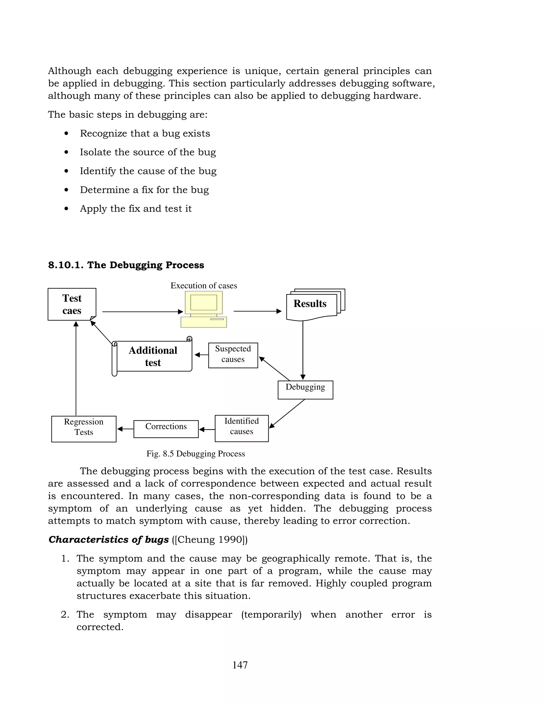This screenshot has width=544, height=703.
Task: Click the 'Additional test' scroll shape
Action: pos(153,356)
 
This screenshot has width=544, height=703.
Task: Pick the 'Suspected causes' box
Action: pos(233,355)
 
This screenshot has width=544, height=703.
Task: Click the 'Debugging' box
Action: pos(305,390)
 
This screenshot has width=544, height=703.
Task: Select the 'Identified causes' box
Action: pos(241,428)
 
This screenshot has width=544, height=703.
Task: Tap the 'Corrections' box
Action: pos(166,429)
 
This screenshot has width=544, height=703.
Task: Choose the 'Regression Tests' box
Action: pos(84,429)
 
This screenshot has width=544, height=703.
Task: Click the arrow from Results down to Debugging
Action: pos(303,351)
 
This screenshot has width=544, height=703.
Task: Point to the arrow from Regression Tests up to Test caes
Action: pos(76,370)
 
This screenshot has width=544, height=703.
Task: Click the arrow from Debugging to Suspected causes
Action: pos(275,368)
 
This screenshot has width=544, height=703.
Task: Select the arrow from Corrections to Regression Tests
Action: pos(125,429)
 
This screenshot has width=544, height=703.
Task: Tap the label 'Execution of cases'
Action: pos(204,285)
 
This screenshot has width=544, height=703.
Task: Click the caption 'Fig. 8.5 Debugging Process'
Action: pos(195,454)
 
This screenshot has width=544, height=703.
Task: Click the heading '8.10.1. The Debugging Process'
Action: pos(126,265)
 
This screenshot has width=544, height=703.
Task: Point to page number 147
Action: pos(240,665)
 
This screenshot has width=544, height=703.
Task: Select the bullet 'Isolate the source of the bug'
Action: pos(148,152)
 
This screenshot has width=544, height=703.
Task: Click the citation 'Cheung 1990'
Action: pos(210,540)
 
